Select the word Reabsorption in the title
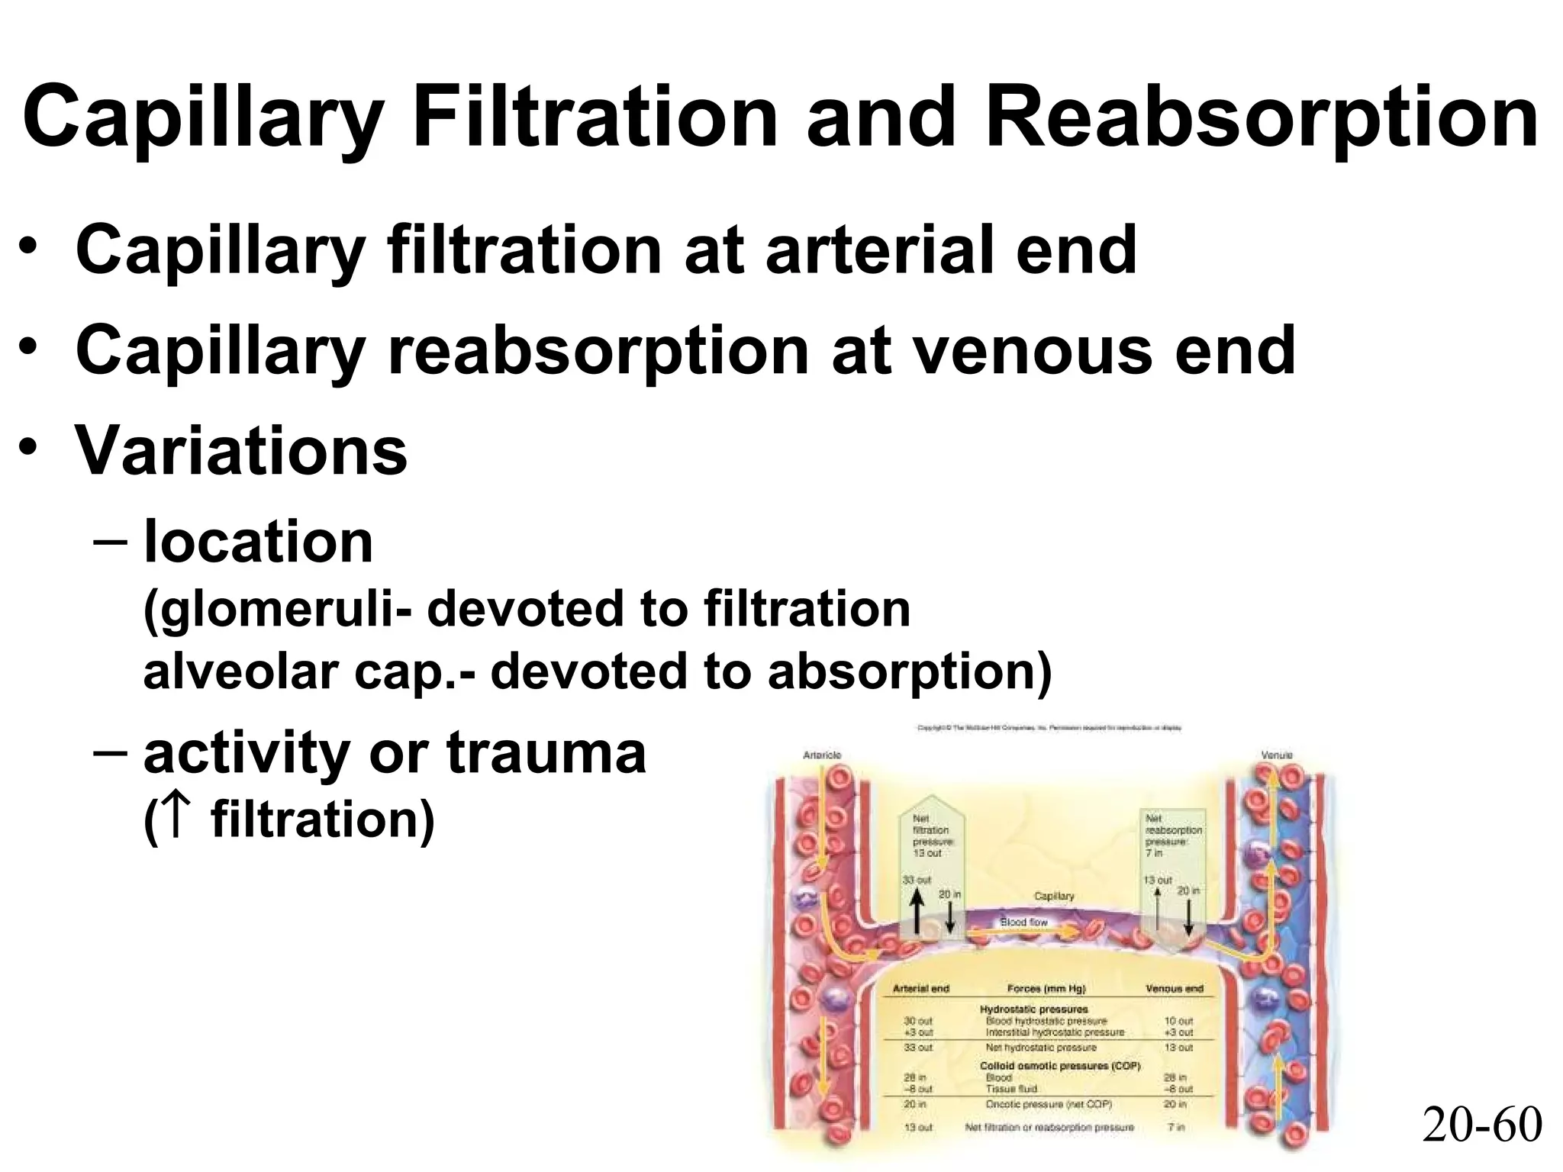(x=1262, y=119)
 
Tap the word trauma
(x=546, y=753)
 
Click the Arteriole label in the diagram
(x=822, y=755)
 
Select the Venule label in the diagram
(x=1277, y=755)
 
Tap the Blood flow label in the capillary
(x=1023, y=922)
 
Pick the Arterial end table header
(x=920, y=988)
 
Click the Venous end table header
(x=1174, y=988)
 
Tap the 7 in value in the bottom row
(x=1177, y=1127)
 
